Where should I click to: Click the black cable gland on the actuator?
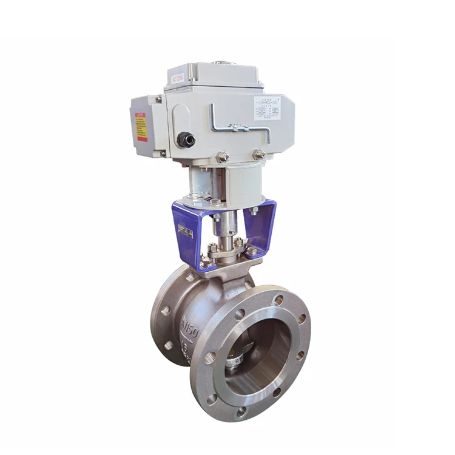click(186, 140)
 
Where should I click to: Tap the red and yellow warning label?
click(141, 127)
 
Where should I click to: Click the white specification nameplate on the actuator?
click(267, 107)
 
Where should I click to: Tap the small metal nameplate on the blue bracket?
click(186, 232)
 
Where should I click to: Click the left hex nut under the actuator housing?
click(223, 157)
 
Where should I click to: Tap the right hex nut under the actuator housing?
click(260, 155)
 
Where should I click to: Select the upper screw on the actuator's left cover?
click(159, 99)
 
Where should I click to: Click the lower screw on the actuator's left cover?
click(163, 153)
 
